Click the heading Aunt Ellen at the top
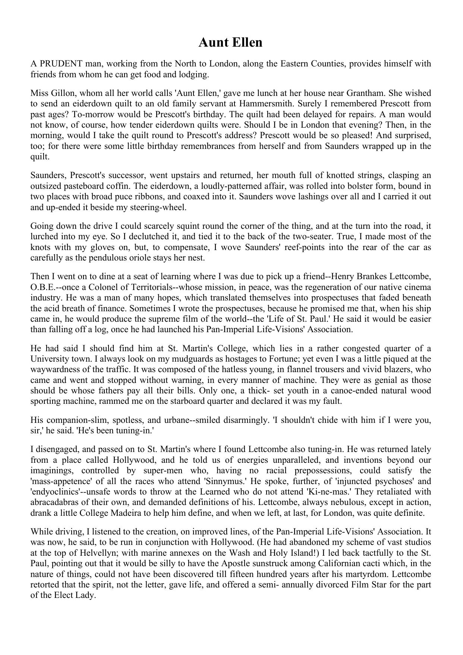[x=230, y=43]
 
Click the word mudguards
[x=161, y=359]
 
